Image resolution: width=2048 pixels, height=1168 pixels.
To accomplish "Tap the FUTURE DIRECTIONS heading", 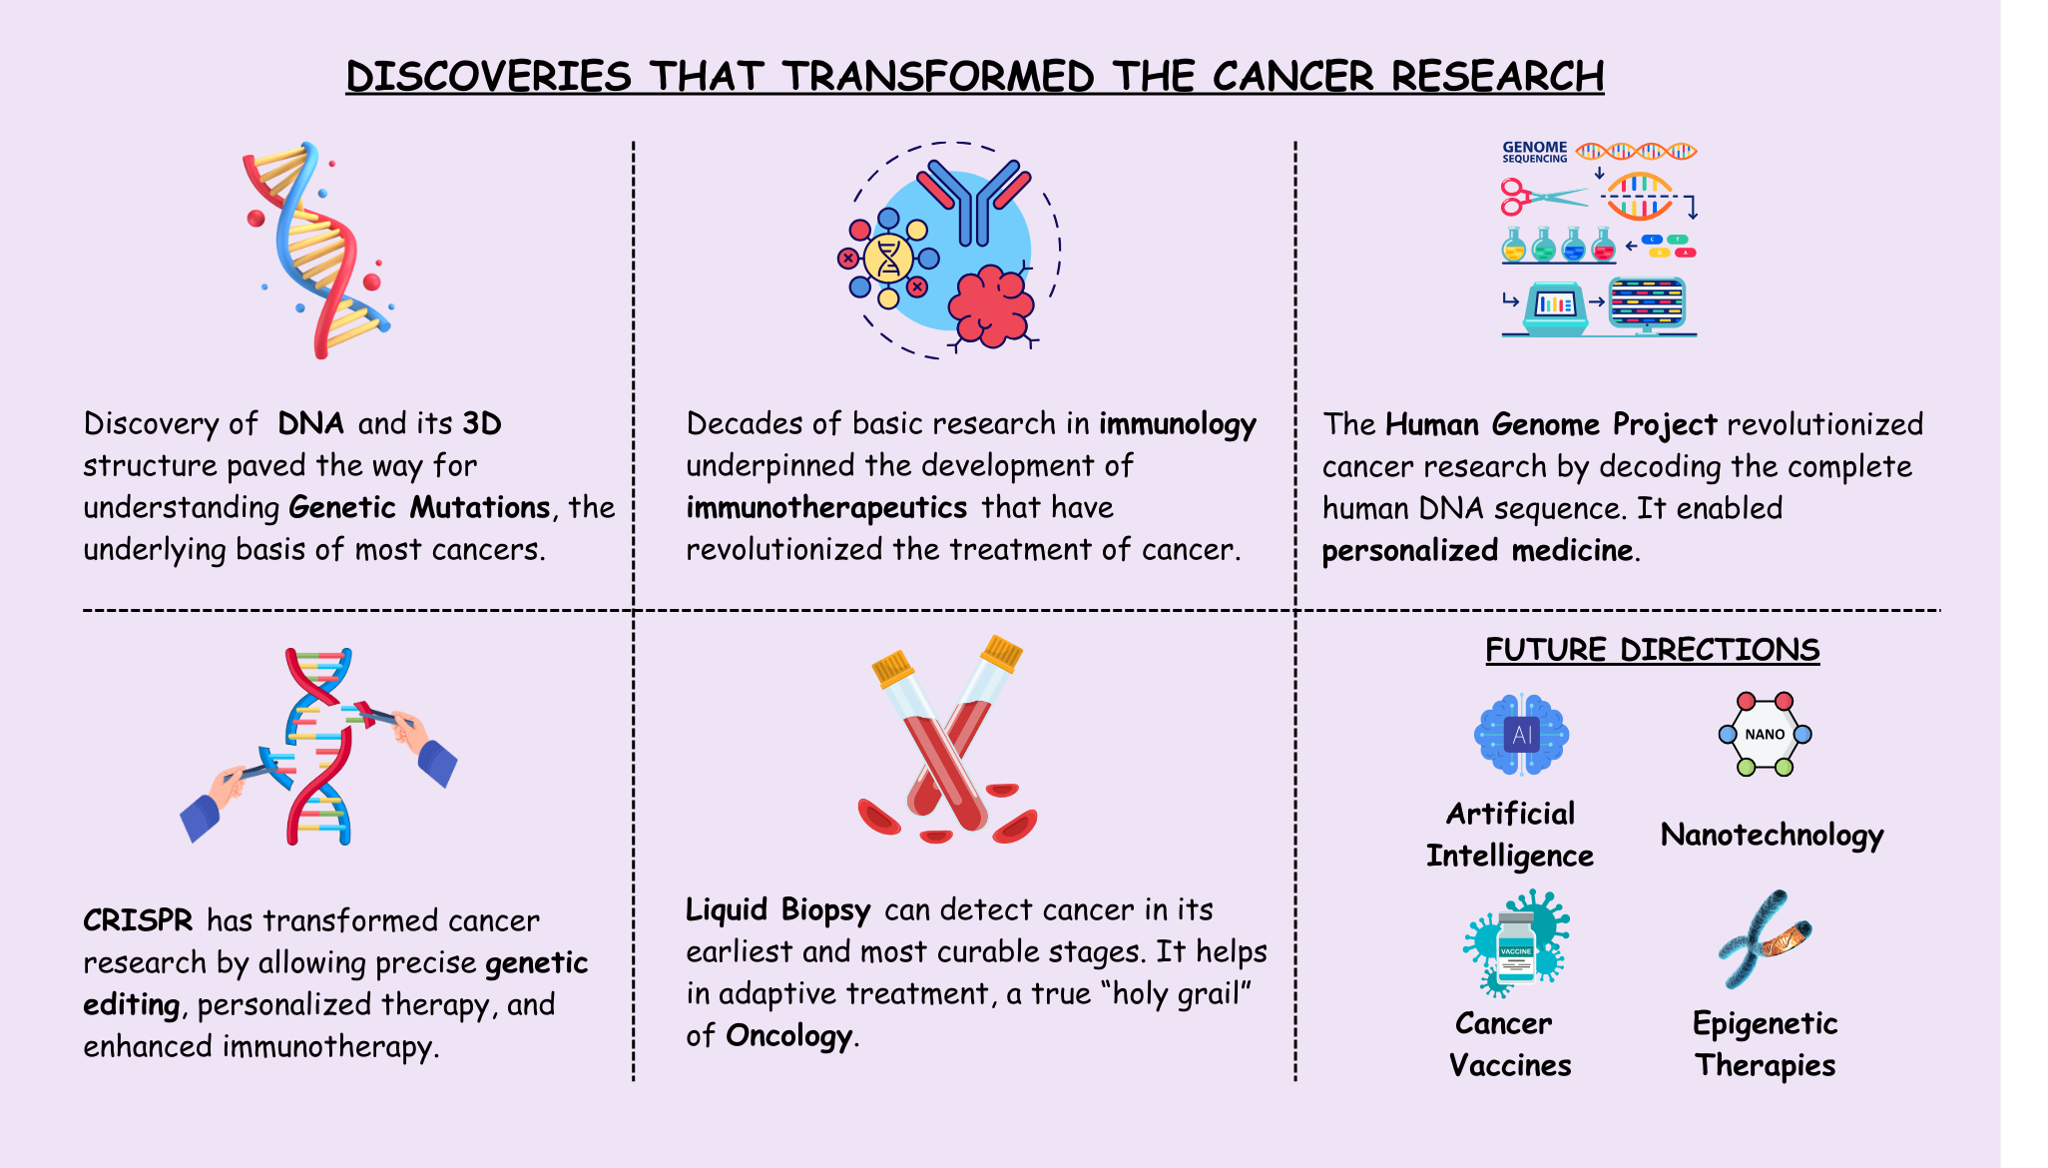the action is pos(1652,650).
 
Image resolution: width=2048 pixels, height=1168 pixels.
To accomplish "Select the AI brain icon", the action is pos(1522,735).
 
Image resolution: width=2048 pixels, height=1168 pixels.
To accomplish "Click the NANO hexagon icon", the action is pos(1765,734).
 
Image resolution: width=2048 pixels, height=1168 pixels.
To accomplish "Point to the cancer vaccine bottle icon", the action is pos(1516,943).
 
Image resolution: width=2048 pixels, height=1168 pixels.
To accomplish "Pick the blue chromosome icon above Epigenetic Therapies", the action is pos(1765,939).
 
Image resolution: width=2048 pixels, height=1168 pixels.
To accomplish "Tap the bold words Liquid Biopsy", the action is pos(778,910).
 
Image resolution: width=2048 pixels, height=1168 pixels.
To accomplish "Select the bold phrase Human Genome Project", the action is pos(1551,424).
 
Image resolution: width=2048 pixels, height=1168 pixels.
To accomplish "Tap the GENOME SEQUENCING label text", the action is pos(1535,152).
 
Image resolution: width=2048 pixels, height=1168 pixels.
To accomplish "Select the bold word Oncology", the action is pos(788,1036).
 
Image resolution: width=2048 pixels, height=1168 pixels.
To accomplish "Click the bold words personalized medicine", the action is pos(1477,551).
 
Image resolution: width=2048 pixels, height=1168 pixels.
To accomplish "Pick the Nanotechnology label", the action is pos(1772,835).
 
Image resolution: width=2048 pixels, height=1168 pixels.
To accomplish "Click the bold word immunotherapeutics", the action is pos(826,508).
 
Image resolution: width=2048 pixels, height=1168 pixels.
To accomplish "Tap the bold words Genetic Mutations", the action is pos(419,508).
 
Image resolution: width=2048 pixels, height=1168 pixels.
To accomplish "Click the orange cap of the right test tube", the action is pos(1002,653).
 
